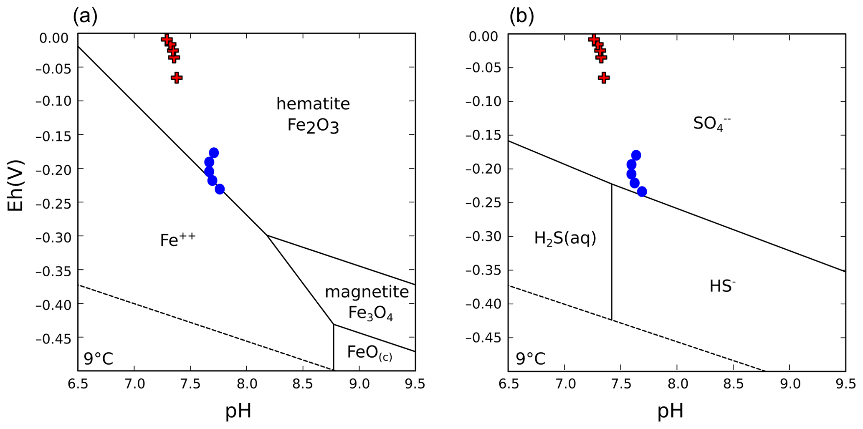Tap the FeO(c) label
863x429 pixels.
click(369, 353)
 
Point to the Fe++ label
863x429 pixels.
click(178, 240)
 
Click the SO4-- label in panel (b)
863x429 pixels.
click(712, 123)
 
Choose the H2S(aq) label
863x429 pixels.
click(565, 238)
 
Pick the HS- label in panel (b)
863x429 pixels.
click(722, 286)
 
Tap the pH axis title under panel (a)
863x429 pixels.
click(238, 411)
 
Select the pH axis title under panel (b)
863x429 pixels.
click(671, 411)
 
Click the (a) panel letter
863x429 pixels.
click(85, 17)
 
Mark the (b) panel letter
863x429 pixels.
click(521, 17)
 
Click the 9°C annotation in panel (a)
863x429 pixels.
click(99, 358)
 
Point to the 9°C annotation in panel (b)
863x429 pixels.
click(531, 358)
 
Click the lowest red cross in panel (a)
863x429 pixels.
click(177, 78)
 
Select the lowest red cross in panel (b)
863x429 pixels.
click(604, 78)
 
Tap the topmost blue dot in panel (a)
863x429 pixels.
click(214, 153)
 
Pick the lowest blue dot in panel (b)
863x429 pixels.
click(642, 192)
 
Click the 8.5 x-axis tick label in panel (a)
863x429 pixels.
click(303, 384)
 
